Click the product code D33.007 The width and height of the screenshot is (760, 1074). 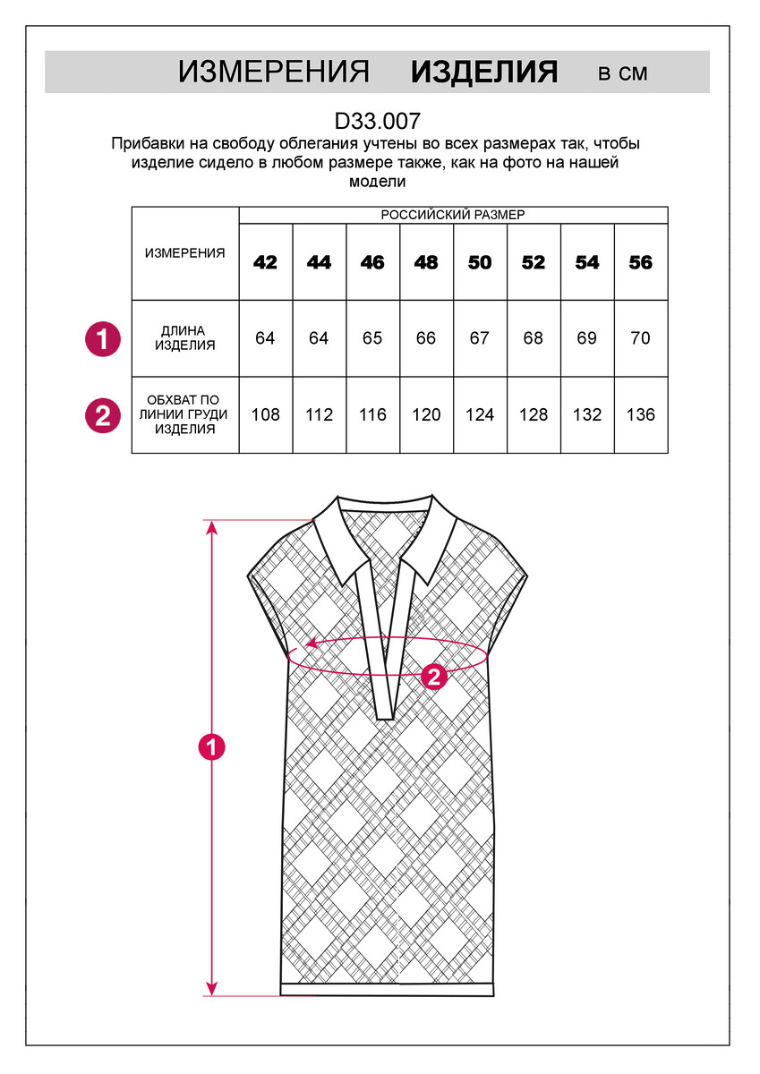pos(378,122)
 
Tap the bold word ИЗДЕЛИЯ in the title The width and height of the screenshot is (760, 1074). pos(484,72)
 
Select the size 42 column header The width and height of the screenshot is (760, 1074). pos(265,262)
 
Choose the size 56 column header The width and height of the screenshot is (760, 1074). pos(641,262)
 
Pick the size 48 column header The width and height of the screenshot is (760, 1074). pos(426,262)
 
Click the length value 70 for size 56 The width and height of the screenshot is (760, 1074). pos(641,338)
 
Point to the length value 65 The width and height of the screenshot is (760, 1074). pos(372,338)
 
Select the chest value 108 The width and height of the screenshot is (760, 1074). pos(265,414)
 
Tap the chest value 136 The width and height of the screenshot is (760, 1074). pos(641,414)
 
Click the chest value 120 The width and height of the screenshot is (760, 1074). pos(426,414)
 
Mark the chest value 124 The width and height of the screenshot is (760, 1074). pos(480,414)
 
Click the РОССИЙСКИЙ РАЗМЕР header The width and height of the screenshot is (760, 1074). pos(453,215)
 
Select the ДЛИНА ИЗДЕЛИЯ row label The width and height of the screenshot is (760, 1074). pos(184,338)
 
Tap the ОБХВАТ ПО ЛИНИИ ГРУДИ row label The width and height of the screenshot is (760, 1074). pos(184,414)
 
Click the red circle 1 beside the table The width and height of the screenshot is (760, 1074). pos(103,339)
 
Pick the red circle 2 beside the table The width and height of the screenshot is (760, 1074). pos(103,415)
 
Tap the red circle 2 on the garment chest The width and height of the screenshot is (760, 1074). pos(434,677)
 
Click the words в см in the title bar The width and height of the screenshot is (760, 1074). pos(623,73)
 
